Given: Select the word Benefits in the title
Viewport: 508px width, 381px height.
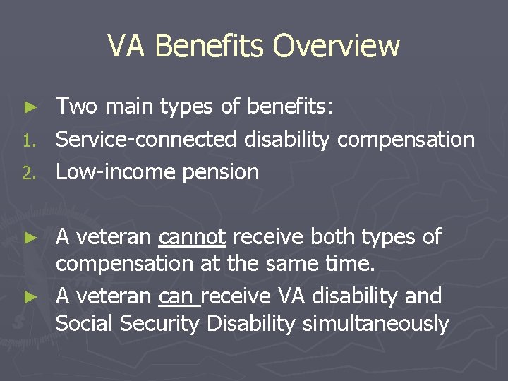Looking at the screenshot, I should click(x=210, y=47).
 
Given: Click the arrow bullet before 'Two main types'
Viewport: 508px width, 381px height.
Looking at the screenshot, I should click(x=30, y=107).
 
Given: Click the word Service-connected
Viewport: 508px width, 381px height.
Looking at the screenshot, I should click(x=146, y=140).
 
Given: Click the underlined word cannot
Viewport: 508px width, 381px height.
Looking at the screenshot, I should click(x=192, y=237).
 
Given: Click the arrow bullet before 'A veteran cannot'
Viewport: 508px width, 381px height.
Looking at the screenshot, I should click(x=30, y=238).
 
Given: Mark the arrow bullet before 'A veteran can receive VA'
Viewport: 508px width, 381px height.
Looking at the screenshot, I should click(x=30, y=296).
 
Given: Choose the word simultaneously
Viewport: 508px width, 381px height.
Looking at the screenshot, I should click(x=375, y=324).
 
